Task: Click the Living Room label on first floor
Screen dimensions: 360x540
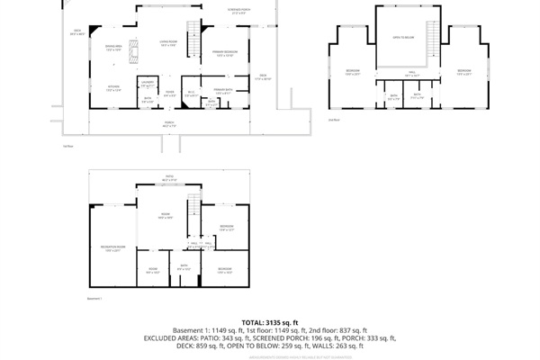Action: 168,43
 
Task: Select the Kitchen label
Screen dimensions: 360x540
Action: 113,88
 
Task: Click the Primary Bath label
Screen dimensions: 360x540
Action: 223,90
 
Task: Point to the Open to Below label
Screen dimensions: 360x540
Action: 402,38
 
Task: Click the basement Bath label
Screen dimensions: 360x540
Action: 183,266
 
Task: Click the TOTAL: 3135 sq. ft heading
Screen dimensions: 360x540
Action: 269,322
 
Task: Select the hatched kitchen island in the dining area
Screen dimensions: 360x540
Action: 133,53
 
